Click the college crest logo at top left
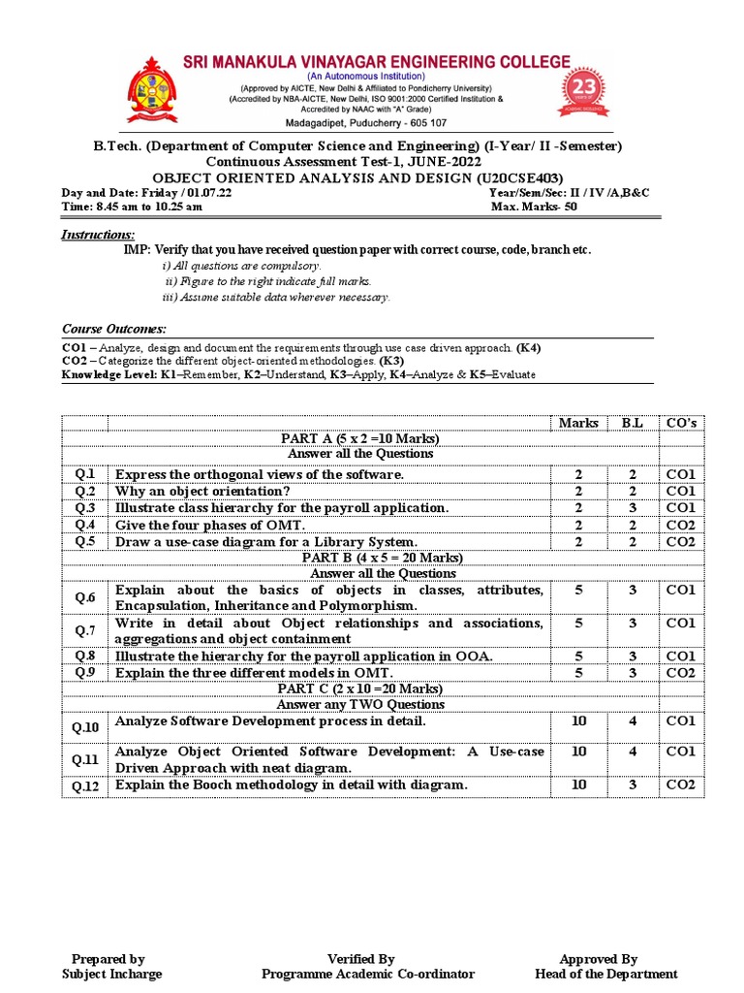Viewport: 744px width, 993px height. coord(147,87)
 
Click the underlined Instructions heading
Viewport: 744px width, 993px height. coord(98,236)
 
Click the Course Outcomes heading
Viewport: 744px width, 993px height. coord(114,330)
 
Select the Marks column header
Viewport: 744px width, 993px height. coord(578,423)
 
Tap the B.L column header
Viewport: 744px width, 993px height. coord(632,423)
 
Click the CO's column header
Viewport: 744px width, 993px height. coord(680,423)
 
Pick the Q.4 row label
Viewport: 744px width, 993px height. coord(85,525)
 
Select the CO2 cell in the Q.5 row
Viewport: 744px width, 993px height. coord(680,542)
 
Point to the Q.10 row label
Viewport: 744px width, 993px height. coord(85,726)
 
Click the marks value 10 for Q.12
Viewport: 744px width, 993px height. coord(578,785)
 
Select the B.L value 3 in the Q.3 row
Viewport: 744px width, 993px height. coord(632,508)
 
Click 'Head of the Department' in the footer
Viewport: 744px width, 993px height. coord(605,974)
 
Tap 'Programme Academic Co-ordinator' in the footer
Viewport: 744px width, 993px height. coord(368,974)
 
